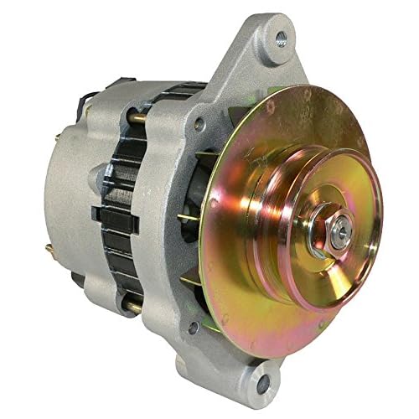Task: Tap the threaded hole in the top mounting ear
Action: click(x=281, y=37)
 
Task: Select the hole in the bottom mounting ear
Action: click(x=266, y=385)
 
